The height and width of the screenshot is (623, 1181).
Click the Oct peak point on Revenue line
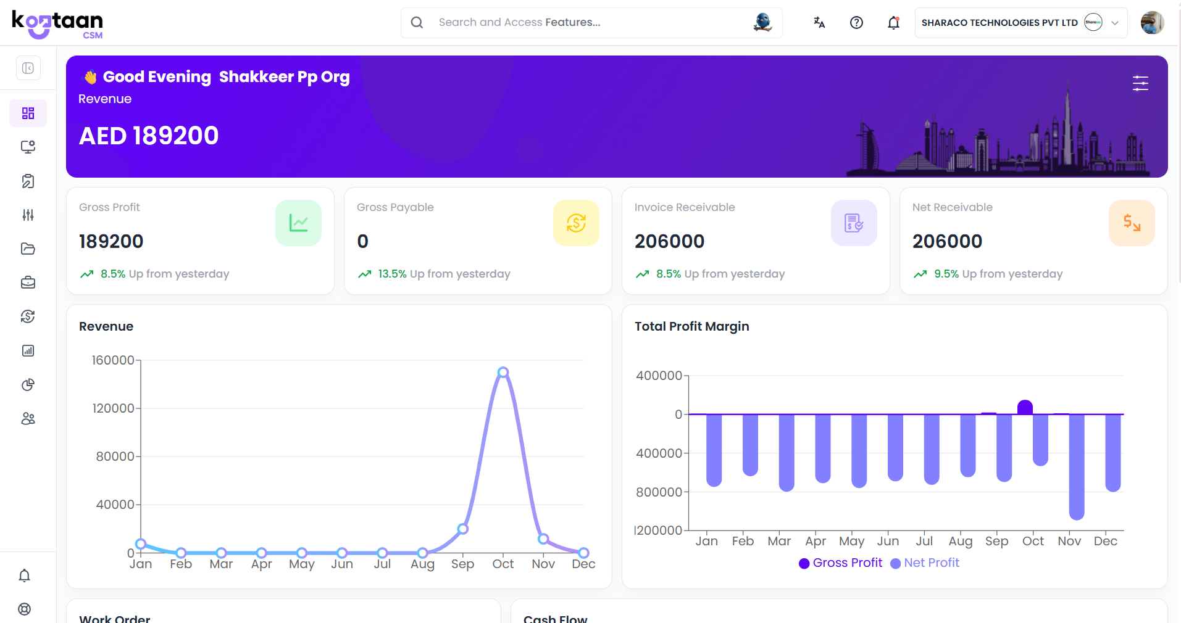(x=503, y=373)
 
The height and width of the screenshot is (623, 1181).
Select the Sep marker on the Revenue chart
(x=463, y=529)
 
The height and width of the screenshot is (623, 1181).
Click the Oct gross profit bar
(x=1025, y=407)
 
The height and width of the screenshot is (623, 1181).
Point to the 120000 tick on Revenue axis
(x=113, y=408)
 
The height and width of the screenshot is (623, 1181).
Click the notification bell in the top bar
(x=893, y=23)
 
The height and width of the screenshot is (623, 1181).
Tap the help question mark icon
(x=856, y=23)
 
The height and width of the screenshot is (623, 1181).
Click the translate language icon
(x=819, y=23)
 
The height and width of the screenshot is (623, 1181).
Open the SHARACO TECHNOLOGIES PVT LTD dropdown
(x=1020, y=23)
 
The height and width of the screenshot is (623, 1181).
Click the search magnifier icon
(x=417, y=23)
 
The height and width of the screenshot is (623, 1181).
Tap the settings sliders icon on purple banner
(x=1140, y=83)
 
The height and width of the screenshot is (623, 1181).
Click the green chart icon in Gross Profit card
(x=298, y=223)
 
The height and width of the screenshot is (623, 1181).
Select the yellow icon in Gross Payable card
(x=576, y=223)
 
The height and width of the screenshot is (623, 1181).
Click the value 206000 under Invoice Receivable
(x=669, y=241)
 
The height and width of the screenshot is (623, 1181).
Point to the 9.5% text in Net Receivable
(x=946, y=274)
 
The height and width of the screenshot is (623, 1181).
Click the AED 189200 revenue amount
(x=149, y=136)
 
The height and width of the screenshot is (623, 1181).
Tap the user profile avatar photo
(x=1151, y=23)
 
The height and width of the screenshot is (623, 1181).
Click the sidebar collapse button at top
(x=28, y=68)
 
